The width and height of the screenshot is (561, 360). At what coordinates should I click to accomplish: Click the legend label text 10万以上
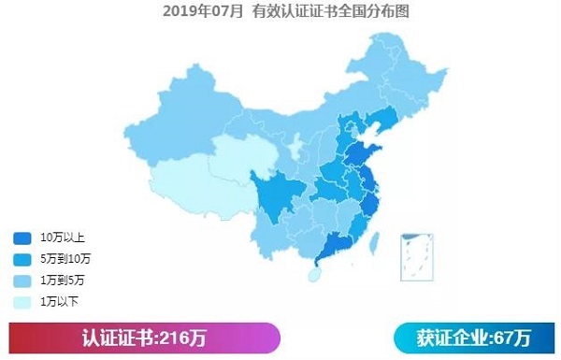(x=62, y=238)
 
